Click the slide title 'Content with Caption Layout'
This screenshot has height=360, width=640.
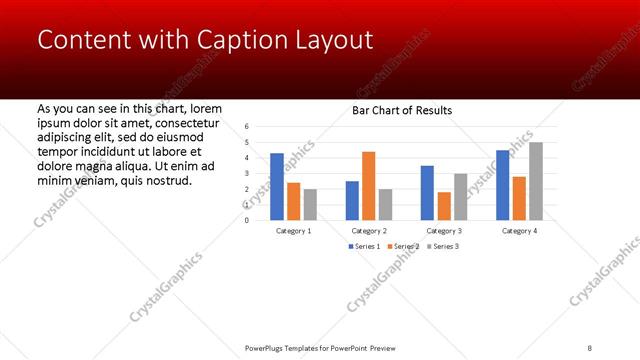(x=205, y=39)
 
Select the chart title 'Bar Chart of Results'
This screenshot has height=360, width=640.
(x=402, y=110)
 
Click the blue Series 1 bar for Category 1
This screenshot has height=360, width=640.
(x=277, y=186)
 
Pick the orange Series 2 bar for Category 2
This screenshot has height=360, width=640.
(x=368, y=185)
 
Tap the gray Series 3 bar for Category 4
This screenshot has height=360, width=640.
(x=536, y=181)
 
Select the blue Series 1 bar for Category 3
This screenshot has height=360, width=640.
(x=427, y=192)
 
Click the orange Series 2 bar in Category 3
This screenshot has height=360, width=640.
(x=443, y=205)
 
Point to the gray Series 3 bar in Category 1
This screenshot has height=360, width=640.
(x=310, y=204)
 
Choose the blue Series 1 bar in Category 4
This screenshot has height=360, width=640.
(x=502, y=185)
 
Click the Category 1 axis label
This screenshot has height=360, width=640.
(x=293, y=230)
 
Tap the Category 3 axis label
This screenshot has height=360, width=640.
(x=443, y=230)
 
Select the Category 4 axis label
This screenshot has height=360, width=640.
(x=519, y=230)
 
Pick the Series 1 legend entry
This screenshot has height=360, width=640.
(x=364, y=246)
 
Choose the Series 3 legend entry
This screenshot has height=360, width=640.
(x=442, y=246)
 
